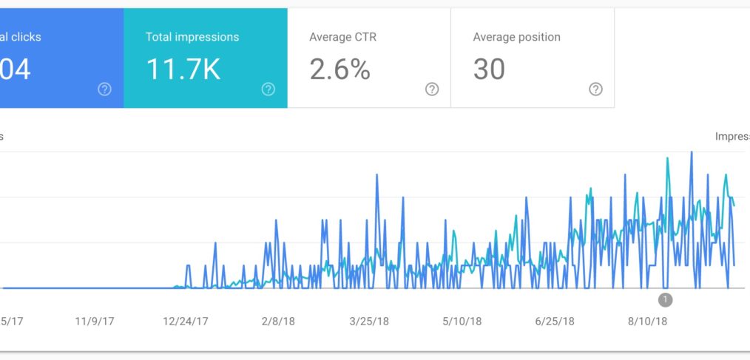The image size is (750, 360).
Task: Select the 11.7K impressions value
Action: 183,69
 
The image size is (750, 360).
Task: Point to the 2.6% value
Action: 339,69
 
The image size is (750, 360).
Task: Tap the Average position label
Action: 516,37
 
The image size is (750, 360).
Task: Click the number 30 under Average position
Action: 489,69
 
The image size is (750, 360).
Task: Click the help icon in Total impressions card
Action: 268,89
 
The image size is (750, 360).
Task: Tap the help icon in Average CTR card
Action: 432,89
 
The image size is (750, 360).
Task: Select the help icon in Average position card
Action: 595,89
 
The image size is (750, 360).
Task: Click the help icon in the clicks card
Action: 105,89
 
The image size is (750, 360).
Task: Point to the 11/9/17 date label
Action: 95,322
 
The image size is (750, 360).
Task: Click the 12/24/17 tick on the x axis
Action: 186,322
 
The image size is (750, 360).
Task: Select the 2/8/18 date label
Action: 278,322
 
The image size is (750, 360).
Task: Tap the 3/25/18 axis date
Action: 369,322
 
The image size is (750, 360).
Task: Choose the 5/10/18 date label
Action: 462,322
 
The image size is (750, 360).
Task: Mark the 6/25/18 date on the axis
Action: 554,322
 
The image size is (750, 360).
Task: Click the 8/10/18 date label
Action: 647,322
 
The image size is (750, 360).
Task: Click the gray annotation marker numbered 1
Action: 665,299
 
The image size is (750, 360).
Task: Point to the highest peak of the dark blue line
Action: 692,152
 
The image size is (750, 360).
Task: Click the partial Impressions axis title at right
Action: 732,136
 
